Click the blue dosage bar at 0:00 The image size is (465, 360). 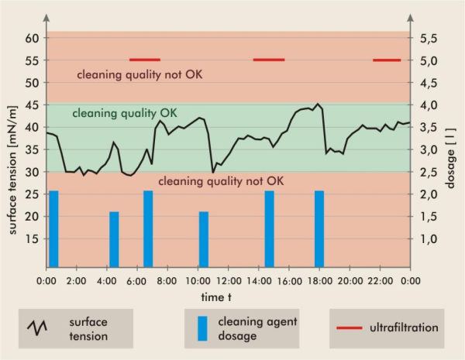[x=53, y=228]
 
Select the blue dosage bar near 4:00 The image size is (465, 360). [x=114, y=238]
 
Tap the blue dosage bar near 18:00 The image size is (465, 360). [x=319, y=228]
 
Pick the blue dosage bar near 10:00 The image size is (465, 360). [x=204, y=238]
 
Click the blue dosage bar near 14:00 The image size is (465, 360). [x=269, y=228]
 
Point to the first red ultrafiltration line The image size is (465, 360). [x=144, y=59]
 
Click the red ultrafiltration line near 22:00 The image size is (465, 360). [x=387, y=60]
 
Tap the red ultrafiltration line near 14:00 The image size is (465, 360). [x=269, y=59]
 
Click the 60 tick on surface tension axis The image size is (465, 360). [x=32, y=38]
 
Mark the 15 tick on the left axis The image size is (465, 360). [x=32, y=239]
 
